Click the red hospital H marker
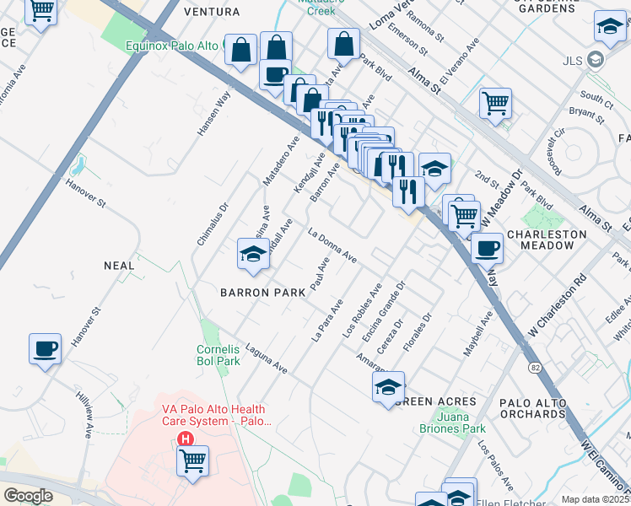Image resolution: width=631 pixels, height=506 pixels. click(x=186, y=439)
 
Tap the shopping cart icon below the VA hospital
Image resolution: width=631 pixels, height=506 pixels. click(x=193, y=461)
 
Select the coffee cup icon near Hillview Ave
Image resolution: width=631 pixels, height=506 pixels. click(x=45, y=349)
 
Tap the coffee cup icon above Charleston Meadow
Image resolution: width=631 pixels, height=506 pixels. click(x=487, y=248)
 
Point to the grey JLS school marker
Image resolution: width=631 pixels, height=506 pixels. click(x=596, y=60)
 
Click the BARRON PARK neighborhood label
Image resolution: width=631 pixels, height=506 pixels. click(x=262, y=293)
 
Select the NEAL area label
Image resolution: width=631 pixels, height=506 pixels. click(x=119, y=266)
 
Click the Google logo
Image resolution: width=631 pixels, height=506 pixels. click(x=29, y=496)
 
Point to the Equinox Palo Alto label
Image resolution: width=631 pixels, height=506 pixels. click(x=173, y=46)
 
